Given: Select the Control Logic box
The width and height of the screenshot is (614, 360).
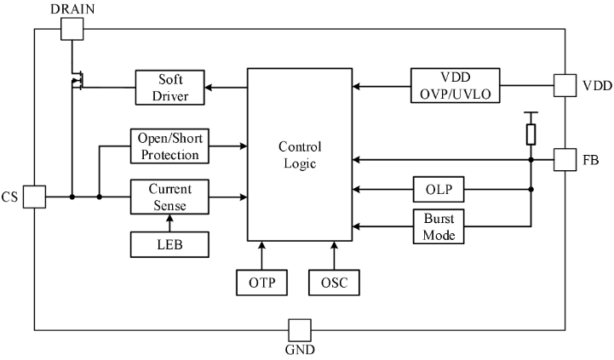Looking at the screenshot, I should click(300, 154).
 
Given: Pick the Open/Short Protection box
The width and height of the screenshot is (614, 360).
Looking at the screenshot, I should click(169, 146).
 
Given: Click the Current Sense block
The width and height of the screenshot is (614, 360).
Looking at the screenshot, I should click(169, 197).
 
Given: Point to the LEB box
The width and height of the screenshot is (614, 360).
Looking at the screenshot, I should click(169, 245).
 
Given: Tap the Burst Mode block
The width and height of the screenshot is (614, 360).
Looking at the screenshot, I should click(438, 226).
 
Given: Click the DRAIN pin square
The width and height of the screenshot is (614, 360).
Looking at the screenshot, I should click(72, 29).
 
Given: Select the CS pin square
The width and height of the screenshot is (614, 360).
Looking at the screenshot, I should click(33, 197).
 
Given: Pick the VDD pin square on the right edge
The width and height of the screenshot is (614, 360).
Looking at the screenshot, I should click(565, 85).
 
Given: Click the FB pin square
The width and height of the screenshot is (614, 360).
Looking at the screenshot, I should click(565, 159).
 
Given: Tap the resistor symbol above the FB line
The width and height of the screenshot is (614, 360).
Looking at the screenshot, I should click(531, 134).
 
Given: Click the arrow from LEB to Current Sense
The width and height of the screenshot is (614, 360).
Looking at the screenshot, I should click(169, 223).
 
